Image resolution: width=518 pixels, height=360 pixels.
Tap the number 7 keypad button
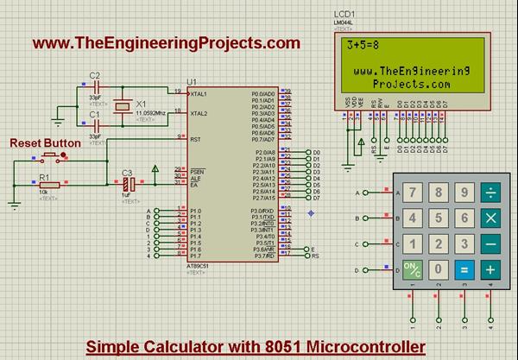tap(414, 192)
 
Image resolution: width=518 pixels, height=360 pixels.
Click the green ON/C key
tap(414, 269)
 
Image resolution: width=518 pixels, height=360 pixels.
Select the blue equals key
tap(464, 269)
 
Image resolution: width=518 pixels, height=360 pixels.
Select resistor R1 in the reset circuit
tap(47, 184)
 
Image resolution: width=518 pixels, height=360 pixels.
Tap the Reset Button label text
tap(45, 142)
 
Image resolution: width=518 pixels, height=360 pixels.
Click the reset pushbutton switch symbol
tap(52, 157)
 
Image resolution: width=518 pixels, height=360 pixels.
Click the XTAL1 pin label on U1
tap(199, 92)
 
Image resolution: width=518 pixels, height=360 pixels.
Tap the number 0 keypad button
tap(439, 269)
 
